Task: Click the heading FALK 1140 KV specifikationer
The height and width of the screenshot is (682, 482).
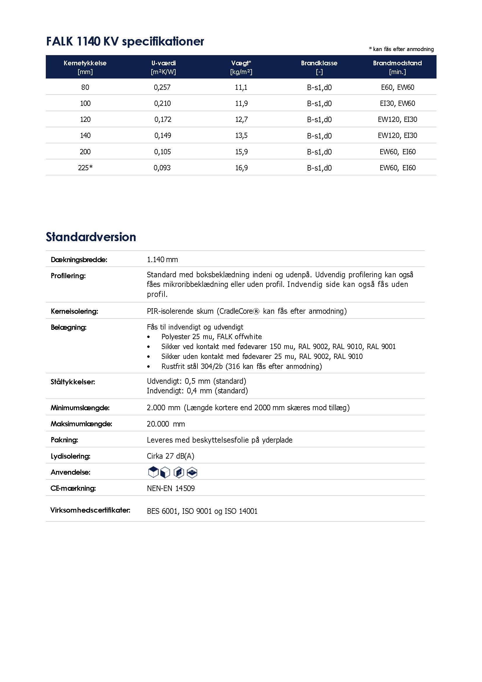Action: tap(125, 41)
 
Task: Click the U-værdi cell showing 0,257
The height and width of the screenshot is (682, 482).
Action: tap(162, 87)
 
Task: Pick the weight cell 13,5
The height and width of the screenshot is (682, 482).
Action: tap(241, 136)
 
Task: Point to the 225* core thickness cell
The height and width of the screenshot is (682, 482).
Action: tap(85, 168)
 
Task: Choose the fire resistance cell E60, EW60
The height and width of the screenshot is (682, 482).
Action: tap(397, 87)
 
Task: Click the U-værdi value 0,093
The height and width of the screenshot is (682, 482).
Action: tap(162, 168)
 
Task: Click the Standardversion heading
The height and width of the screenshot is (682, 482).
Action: tap(91, 237)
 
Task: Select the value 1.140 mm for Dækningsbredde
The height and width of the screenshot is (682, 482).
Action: tap(162, 260)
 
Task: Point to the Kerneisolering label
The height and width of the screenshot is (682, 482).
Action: tap(74, 311)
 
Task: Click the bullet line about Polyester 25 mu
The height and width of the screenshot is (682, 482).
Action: tap(211, 336)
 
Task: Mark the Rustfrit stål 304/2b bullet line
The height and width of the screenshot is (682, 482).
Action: tap(241, 366)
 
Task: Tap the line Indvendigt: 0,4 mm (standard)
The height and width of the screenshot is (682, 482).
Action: tap(197, 391)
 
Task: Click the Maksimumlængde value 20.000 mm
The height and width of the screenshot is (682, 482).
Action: tap(166, 424)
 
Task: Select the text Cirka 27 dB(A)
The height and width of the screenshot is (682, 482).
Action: tap(171, 456)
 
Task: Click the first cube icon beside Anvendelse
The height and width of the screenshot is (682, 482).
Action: tap(153, 472)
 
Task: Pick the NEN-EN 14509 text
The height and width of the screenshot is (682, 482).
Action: tap(171, 488)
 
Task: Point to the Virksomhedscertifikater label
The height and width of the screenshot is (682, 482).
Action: tap(90, 510)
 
